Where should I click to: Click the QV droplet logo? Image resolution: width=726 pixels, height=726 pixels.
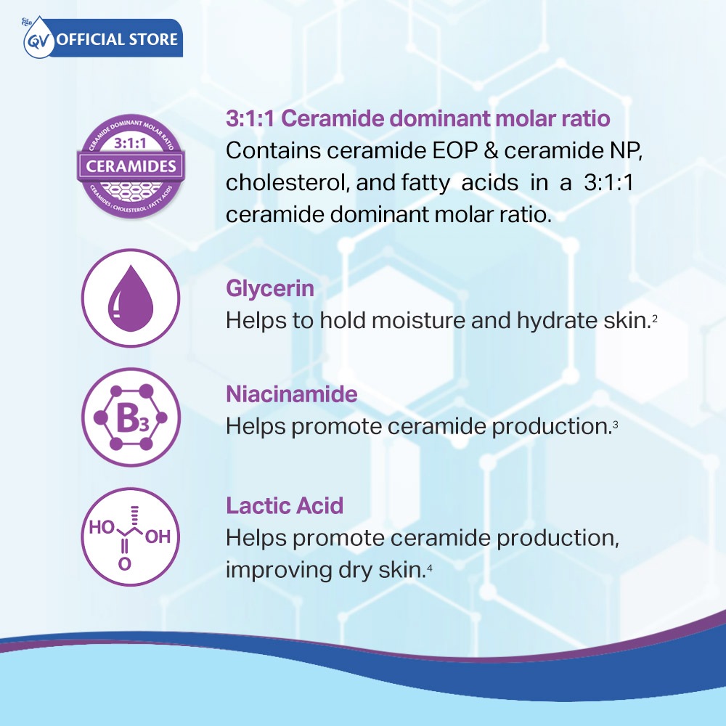pyautogui.click(x=38, y=38)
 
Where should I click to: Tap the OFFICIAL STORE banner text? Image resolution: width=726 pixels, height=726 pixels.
pyautogui.click(x=117, y=39)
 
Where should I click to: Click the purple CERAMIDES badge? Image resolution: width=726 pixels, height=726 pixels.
pyautogui.click(x=131, y=166)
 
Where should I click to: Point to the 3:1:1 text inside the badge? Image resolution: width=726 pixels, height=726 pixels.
pyautogui.click(x=130, y=144)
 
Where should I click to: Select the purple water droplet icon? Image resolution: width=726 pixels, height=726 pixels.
pyautogui.click(x=131, y=298)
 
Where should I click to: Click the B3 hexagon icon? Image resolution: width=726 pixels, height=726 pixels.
pyautogui.click(x=131, y=417)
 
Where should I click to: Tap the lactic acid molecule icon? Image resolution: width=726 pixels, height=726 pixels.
pyautogui.click(x=131, y=537)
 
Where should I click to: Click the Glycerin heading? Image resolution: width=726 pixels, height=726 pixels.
pyautogui.click(x=270, y=289)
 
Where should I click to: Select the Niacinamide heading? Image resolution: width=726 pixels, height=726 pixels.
pyautogui.click(x=292, y=394)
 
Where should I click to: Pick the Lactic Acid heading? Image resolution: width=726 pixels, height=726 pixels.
pyautogui.click(x=285, y=505)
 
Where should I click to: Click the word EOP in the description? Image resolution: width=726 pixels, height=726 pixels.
pyautogui.click(x=454, y=150)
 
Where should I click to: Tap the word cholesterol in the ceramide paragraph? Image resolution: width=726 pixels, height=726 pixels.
pyautogui.click(x=287, y=182)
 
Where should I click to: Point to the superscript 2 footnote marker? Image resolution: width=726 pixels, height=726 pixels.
pyautogui.click(x=655, y=318)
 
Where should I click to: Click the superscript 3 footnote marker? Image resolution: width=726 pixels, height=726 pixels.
pyautogui.click(x=615, y=424)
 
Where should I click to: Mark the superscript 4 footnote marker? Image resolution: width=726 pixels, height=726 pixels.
pyautogui.click(x=429, y=567)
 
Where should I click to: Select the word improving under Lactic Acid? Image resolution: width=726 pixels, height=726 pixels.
pyautogui.click(x=278, y=570)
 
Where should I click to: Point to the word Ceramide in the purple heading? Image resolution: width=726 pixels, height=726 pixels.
pyautogui.click(x=333, y=118)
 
